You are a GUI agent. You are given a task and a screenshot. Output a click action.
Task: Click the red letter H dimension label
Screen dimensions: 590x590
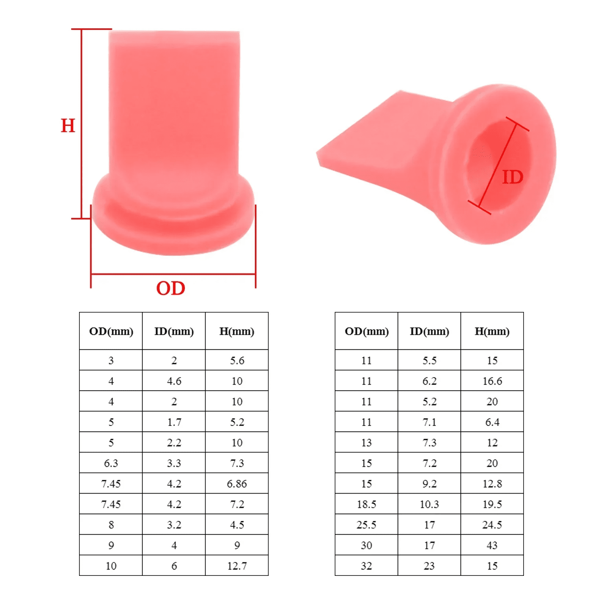[68, 125]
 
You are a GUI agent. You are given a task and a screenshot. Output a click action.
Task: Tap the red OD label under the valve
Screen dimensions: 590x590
[171, 288]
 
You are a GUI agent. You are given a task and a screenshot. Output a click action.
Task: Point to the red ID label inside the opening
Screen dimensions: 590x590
[513, 177]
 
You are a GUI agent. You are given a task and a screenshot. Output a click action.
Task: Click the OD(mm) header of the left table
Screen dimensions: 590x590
[111, 331]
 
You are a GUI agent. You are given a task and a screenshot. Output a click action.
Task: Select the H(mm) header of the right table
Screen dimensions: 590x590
[492, 331]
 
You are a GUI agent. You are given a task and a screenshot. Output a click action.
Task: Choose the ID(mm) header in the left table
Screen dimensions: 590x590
[174, 331]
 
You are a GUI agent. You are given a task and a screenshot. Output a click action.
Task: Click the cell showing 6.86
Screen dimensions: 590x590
[237, 484]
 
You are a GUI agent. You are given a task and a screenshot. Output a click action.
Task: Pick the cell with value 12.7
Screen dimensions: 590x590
[237, 566]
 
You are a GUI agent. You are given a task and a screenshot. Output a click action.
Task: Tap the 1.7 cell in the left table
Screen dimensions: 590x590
[174, 422]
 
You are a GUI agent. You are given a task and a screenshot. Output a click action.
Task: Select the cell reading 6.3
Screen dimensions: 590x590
[111, 463]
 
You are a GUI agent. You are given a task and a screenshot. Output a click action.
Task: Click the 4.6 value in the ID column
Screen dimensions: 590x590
[174, 381]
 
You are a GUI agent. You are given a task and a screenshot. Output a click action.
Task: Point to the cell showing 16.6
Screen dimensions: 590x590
[492, 381]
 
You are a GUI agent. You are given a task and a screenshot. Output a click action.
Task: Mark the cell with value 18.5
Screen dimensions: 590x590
[367, 504]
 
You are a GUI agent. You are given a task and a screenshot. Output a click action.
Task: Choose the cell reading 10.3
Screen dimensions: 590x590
[429, 504]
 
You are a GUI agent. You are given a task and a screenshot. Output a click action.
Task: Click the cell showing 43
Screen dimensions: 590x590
[492, 545]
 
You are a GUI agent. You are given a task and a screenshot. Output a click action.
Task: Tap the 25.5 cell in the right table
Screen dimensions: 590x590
[367, 525]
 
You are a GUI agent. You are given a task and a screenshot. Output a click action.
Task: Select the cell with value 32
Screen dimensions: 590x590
[367, 566]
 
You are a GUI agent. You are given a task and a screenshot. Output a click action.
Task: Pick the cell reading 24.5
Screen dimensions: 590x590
[492, 525]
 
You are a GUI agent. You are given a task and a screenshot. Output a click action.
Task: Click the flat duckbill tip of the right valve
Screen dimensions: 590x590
[334, 155]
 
